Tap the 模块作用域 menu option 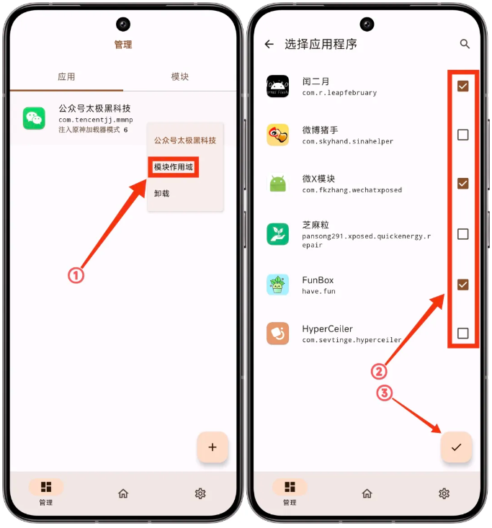click(x=173, y=166)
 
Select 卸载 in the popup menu click(x=161, y=193)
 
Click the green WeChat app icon click(x=34, y=118)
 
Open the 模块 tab click(x=180, y=77)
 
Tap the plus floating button click(x=213, y=447)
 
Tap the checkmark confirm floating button click(x=456, y=447)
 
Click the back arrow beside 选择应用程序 click(x=269, y=44)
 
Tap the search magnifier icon click(x=465, y=44)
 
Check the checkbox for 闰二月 click(x=462, y=86)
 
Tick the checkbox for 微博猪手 click(x=462, y=135)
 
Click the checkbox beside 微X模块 click(x=462, y=184)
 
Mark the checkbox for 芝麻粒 click(x=462, y=234)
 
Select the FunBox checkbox click(x=462, y=285)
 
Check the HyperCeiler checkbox click(x=462, y=334)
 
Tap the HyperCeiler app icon click(x=277, y=334)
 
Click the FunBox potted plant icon click(x=277, y=285)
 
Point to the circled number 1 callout click(x=76, y=275)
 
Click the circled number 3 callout click(x=384, y=393)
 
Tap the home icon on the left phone click(x=123, y=493)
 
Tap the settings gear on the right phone click(x=444, y=493)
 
